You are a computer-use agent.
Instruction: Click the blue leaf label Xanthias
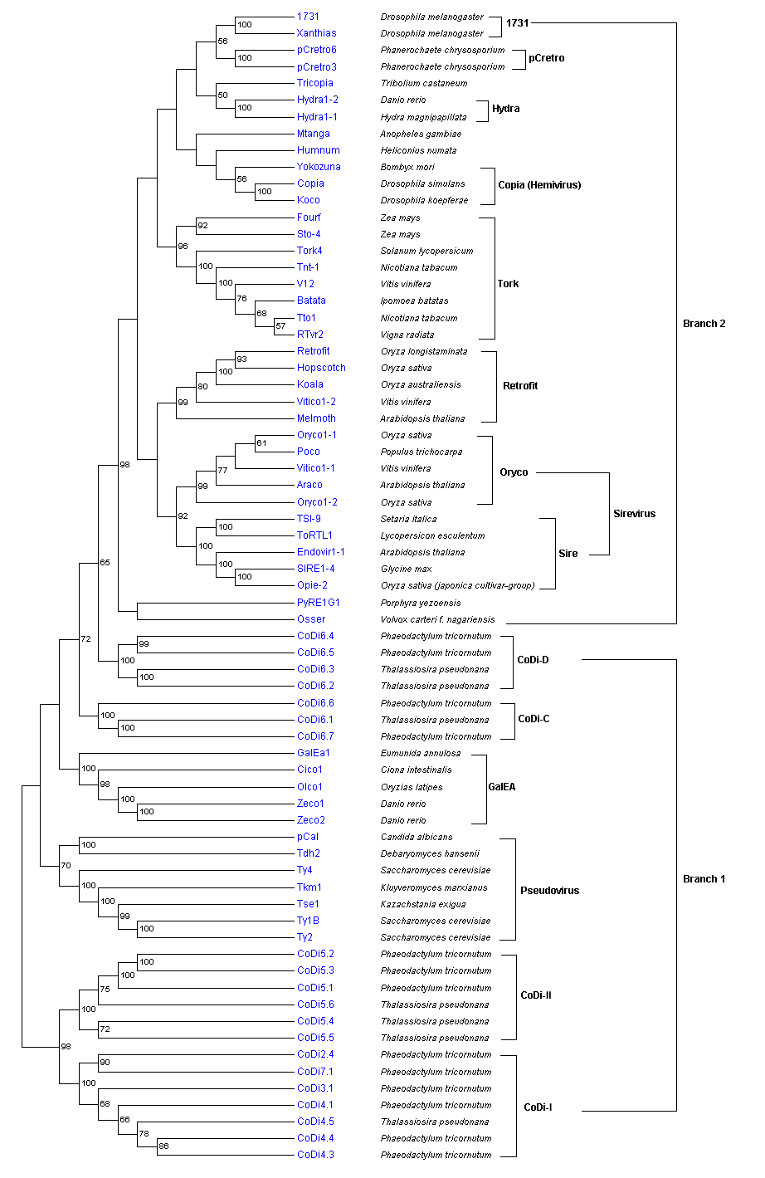317,33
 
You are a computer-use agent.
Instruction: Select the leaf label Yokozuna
319,167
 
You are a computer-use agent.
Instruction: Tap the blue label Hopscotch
321,368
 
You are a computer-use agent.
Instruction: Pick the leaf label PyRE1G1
319,603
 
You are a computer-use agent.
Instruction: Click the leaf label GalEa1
314,753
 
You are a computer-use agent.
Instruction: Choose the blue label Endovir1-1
321,552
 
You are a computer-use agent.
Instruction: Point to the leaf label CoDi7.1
315,1072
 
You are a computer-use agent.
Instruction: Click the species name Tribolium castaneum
423,83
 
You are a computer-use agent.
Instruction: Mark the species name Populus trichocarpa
421,452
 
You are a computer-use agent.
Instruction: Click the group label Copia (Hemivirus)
539,184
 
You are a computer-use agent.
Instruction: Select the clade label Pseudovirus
549,891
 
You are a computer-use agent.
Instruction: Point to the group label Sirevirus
634,514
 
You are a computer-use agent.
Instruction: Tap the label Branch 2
704,324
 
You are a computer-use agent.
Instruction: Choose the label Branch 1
704,879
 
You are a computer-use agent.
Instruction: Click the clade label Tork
508,284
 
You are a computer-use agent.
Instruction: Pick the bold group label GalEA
502,787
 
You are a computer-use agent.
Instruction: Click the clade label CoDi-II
536,995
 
